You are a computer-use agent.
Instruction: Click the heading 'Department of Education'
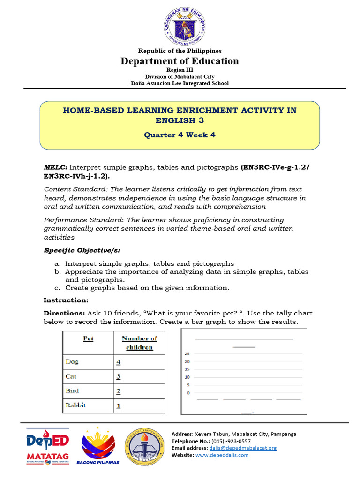(x=180, y=61)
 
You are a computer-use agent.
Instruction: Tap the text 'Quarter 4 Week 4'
(x=180, y=135)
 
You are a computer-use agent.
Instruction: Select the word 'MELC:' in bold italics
(x=56, y=167)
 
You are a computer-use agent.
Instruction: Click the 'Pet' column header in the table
(x=88, y=338)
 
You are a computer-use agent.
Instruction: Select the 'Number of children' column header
(x=139, y=343)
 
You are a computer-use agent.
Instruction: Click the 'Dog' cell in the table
(x=72, y=362)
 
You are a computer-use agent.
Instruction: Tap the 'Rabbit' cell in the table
(x=75, y=405)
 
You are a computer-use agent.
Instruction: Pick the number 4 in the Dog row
(x=119, y=362)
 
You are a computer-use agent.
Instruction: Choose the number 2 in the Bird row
(x=119, y=391)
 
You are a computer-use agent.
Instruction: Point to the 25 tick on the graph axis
(x=187, y=354)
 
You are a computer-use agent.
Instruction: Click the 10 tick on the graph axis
(x=187, y=377)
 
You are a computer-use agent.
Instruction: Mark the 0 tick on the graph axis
(x=188, y=393)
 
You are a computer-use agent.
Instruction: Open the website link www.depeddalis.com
(x=222, y=455)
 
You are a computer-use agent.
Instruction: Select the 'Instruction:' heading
(x=66, y=300)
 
